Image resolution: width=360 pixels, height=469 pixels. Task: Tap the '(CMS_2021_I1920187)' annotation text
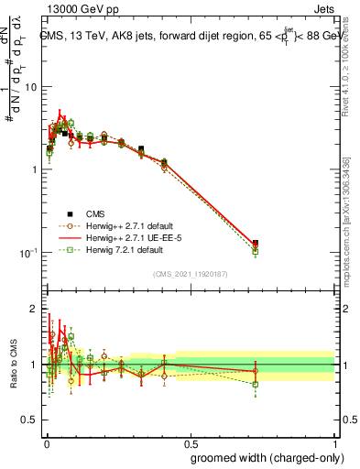pyautogui.click(x=190, y=273)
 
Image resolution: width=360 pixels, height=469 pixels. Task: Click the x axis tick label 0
pyautogui.click(x=46, y=441)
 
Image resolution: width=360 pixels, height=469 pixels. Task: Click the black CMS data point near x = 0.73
pyautogui.click(x=255, y=244)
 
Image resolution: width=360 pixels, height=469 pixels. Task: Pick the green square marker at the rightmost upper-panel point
pyautogui.click(x=255, y=250)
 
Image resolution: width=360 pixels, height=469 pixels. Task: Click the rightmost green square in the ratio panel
pyautogui.click(x=255, y=385)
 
